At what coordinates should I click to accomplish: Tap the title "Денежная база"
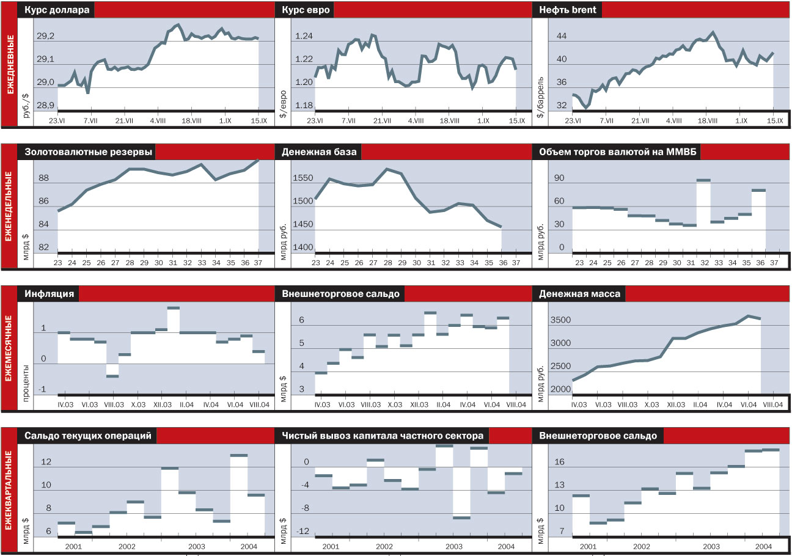coord(318,152)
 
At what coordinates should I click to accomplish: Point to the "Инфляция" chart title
coord(50,294)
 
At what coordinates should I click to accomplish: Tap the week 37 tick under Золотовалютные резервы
coord(258,263)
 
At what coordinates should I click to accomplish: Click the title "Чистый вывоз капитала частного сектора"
coord(383,436)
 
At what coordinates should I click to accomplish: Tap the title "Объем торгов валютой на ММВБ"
coord(617,152)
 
